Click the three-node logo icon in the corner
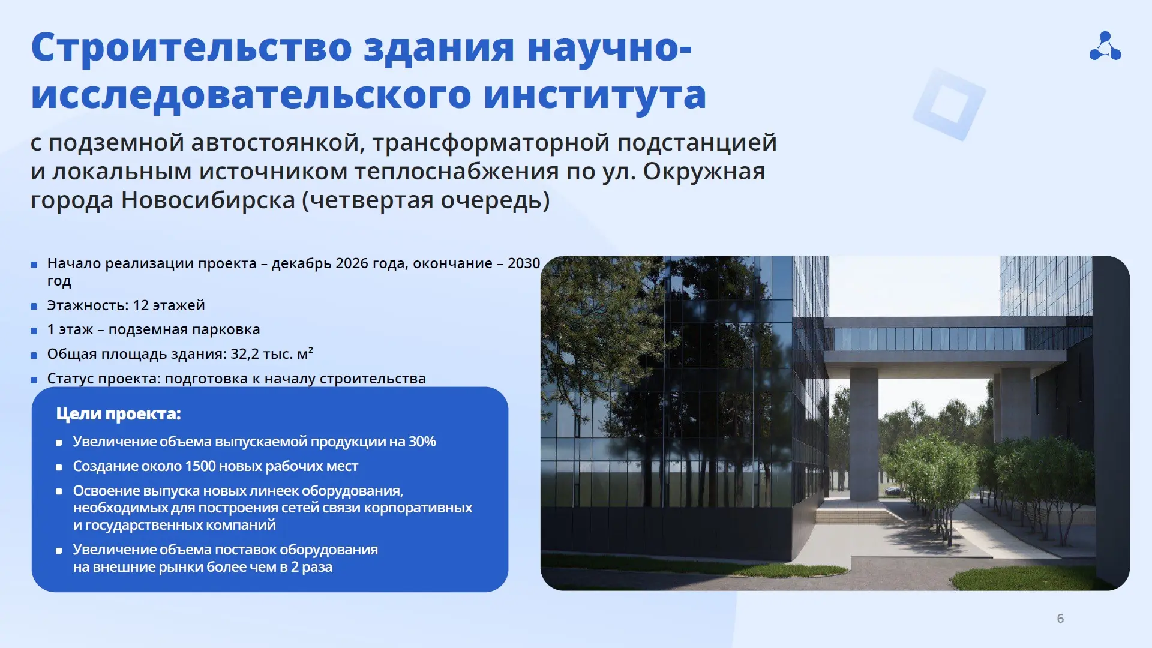pyautogui.click(x=1105, y=46)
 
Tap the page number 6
pyautogui.click(x=1060, y=619)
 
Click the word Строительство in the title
pyautogui.click(x=191, y=47)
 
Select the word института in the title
pyautogui.click(x=595, y=95)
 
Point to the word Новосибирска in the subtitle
pyautogui.click(x=208, y=200)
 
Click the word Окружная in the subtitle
pyautogui.click(x=704, y=172)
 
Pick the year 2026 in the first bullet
pyautogui.click(x=353, y=263)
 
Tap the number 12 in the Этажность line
pyautogui.click(x=140, y=305)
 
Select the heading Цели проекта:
pyautogui.click(x=118, y=414)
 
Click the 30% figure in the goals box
pyautogui.click(x=422, y=442)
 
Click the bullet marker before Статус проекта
pyautogui.click(x=34, y=380)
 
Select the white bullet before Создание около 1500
pyautogui.click(x=59, y=467)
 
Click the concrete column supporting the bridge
pyautogui.click(x=864, y=433)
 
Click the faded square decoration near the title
pyautogui.click(x=949, y=104)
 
